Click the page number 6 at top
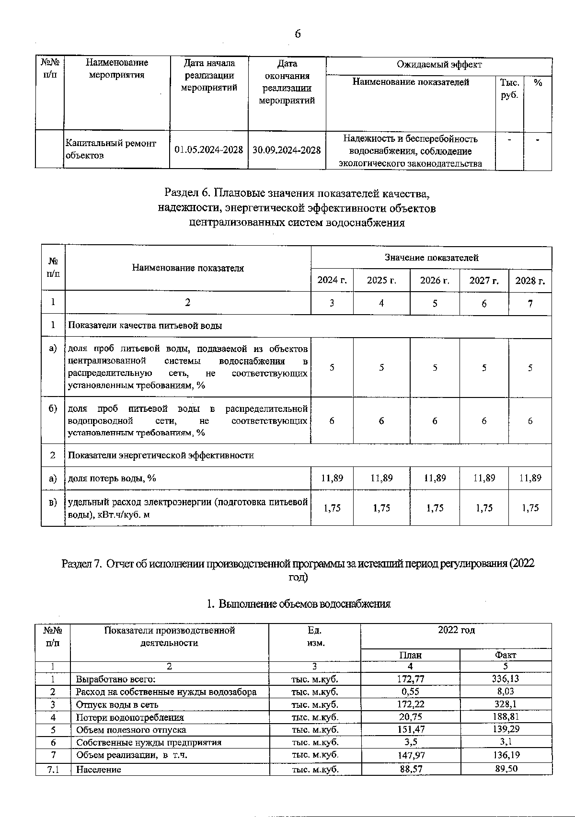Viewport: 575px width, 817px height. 297,34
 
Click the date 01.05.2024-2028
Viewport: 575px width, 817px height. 208,150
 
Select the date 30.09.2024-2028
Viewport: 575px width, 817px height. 287,150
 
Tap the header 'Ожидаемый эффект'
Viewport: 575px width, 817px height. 439,65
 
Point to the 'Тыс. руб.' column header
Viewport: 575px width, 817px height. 509,89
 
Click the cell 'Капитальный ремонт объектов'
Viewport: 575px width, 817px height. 111,149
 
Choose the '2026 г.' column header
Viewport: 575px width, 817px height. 435,280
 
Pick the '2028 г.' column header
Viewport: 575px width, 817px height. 530,280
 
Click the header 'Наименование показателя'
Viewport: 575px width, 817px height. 188,268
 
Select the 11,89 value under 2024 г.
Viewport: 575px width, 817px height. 332,478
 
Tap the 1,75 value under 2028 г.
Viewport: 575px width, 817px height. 530,508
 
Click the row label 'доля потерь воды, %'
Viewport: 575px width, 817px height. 112,478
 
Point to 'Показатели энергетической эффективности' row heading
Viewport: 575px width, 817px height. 161,455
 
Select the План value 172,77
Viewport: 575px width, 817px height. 411,679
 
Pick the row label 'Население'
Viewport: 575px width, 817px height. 99,770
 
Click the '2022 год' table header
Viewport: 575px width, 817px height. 456,630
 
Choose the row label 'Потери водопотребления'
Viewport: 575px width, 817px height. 130,717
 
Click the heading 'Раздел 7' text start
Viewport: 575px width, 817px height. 81,564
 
